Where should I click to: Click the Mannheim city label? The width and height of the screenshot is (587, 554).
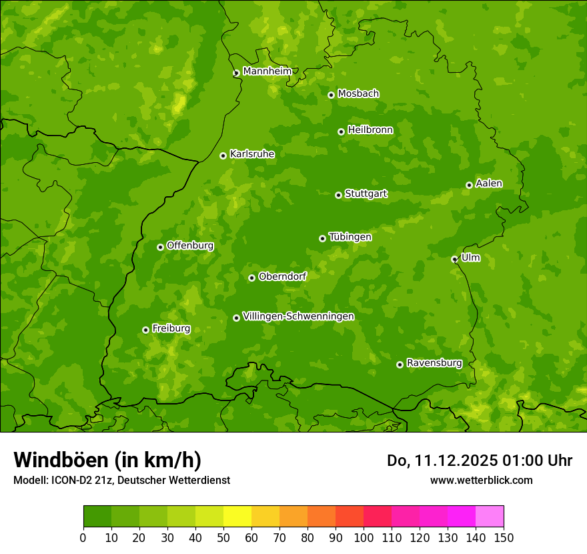[267, 71]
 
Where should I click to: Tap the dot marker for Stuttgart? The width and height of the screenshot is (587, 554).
[338, 195]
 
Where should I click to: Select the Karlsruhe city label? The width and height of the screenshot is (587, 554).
[252, 154]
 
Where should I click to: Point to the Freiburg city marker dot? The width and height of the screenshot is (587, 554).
[145, 330]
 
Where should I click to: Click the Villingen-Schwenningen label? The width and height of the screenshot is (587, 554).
[298, 316]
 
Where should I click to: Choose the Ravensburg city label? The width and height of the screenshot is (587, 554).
[434, 363]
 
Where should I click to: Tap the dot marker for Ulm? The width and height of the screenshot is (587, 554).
[454, 259]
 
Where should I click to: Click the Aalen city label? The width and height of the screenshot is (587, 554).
[489, 184]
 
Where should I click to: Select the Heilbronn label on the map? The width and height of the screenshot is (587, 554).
[370, 130]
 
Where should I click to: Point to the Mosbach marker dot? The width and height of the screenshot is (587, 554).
[331, 95]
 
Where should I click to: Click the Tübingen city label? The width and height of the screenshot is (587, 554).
[350, 237]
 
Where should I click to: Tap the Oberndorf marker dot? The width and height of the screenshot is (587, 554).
[251, 278]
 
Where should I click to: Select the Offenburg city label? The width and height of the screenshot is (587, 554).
[190, 246]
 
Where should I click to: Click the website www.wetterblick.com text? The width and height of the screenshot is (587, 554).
[481, 480]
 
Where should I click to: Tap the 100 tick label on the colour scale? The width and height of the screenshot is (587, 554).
[364, 537]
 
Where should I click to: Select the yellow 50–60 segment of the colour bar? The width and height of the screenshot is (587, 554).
[237, 517]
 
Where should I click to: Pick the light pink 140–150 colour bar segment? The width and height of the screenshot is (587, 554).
[490, 517]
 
